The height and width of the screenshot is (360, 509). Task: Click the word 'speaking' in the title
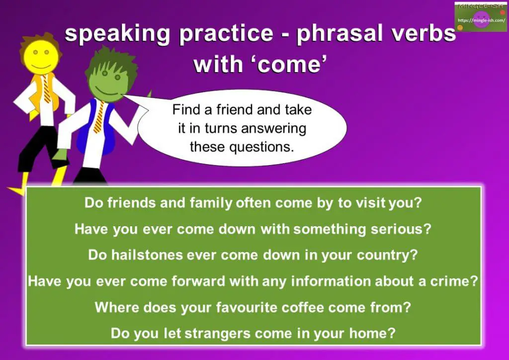point(117,34)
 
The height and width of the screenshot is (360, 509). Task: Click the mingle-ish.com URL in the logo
point(481,20)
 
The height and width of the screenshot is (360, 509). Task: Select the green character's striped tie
point(99,117)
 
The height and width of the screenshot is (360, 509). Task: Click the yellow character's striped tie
point(47,89)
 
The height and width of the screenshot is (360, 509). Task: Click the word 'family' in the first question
point(211,203)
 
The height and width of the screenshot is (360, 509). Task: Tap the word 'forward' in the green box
point(198,281)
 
